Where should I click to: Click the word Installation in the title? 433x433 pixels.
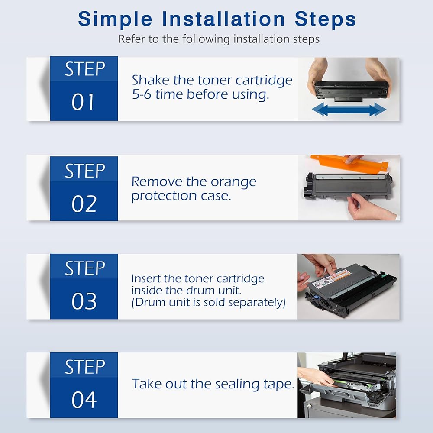(x=223, y=19)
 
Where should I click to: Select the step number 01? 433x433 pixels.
(x=83, y=102)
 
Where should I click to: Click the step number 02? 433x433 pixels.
(x=84, y=204)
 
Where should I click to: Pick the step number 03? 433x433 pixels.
(x=84, y=301)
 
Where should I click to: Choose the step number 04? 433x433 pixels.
(x=84, y=400)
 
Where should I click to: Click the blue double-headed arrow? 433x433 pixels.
(x=349, y=110)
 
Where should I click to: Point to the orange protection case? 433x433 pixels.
(x=349, y=164)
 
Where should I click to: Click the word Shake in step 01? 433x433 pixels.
(x=151, y=80)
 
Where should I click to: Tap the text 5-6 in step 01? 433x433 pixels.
(x=142, y=94)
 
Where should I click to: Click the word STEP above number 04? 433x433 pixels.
(x=85, y=367)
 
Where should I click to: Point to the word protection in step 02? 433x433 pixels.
(x=164, y=197)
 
